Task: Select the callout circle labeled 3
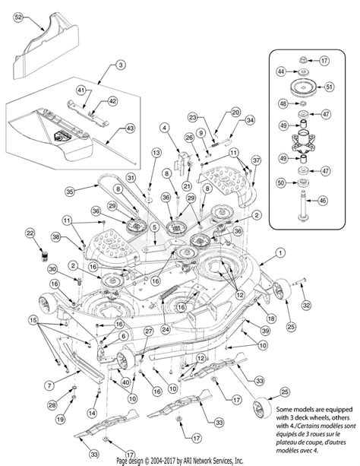(x=121, y=67)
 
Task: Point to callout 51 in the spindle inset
(x=329, y=86)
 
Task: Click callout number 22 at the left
(x=31, y=233)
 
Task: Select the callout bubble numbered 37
(x=256, y=160)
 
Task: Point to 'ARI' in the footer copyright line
(x=200, y=461)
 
